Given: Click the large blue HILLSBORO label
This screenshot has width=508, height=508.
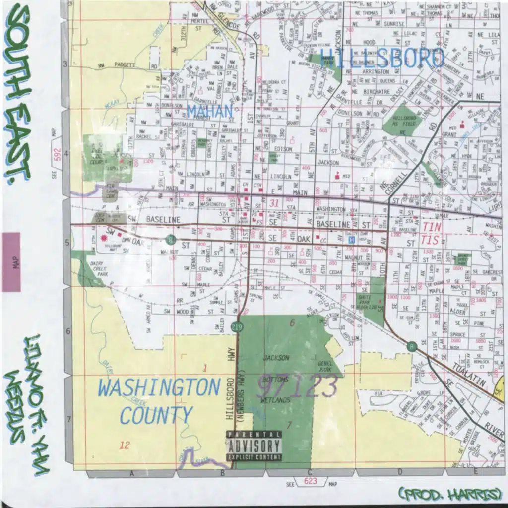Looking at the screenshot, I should (x=382, y=59).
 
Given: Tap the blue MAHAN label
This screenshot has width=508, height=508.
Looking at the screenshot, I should (x=210, y=111).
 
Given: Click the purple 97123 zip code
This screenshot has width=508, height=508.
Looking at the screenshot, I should (x=298, y=385).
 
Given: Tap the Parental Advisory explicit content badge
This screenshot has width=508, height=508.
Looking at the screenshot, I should (x=254, y=445).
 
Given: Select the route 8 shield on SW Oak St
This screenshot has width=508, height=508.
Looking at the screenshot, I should (x=170, y=240).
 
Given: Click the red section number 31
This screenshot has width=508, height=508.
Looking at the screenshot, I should (x=274, y=203).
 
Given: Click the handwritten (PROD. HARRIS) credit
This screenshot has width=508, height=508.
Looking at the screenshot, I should (x=451, y=494).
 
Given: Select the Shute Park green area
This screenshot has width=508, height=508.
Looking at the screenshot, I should (x=378, y=300).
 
